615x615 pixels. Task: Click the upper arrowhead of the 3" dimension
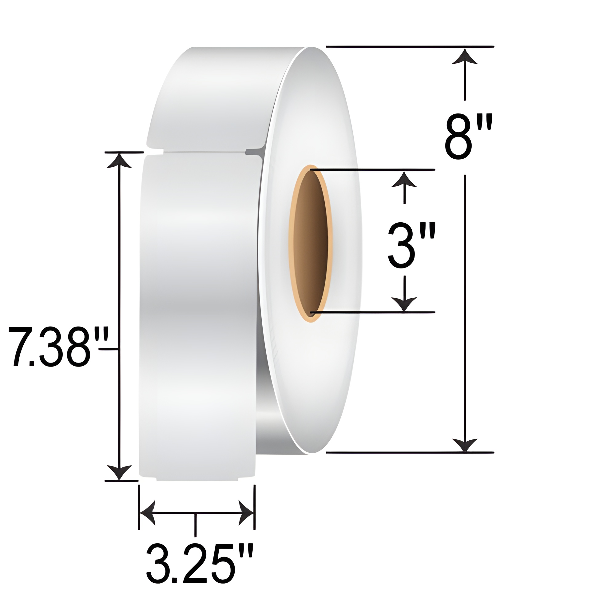click(404, 179)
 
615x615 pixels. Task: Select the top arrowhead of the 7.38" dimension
click(119, 161)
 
